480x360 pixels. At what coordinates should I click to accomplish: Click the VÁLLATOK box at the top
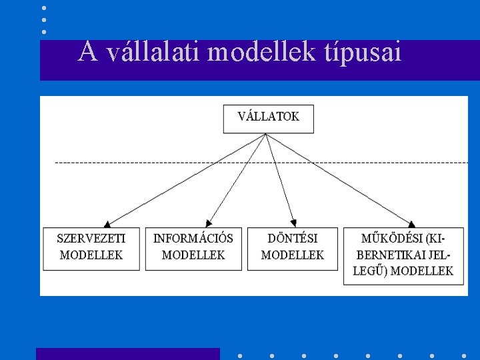pyautogui.click(x=268, y=118)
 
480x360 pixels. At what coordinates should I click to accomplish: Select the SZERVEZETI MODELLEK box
pyautogui.click(x=91, y=248)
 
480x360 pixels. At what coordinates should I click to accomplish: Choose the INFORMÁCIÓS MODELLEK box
pyautogui.click(x=193, y=248)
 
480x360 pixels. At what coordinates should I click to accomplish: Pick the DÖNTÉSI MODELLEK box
pyautogui.click(x=292, y=248)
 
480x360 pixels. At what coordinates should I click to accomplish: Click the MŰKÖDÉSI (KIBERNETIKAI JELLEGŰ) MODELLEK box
pyautogui.click(x=405, y=255)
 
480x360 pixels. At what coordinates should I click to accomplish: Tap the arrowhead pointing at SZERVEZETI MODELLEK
pyautogui.click(x=107, y=224)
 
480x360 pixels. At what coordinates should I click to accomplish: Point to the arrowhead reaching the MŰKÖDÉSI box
pyautogui.click(x=413, y=224)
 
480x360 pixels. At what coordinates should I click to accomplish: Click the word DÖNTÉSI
pyautogui.click(x=292, y=238)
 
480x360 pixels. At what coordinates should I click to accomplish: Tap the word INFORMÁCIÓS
pyautogui.click(x=193, y=238)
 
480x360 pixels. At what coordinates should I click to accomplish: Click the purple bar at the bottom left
pyautogui.click(x=127, y=354)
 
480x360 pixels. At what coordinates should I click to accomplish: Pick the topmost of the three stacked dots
pyautogui.click(x=44, y=8)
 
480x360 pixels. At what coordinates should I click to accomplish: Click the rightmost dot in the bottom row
pyautogui.click(x=463, y=355)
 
